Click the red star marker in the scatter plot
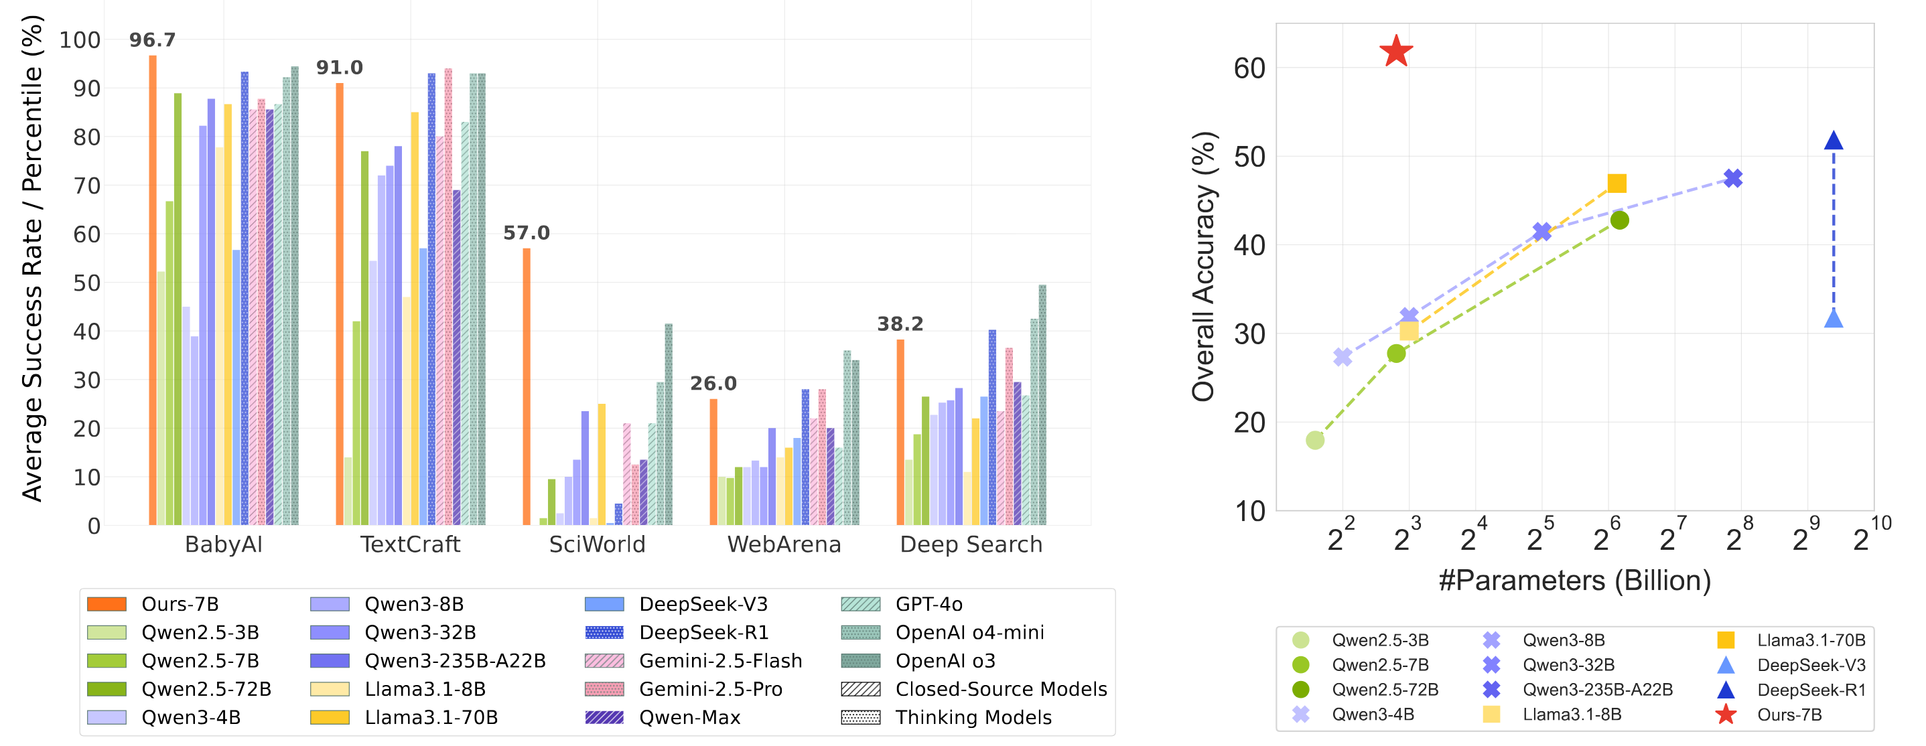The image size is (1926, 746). (x=1396, y=52)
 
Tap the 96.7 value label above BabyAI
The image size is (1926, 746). (x=153, y=40)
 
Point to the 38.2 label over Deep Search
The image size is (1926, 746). (x=900, y=323)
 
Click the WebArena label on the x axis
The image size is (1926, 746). (x=784, y=544)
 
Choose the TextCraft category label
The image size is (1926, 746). (x=410, y=544)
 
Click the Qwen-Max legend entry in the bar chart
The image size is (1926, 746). (x=689, y=718)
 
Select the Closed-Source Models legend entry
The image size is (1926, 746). (x=1000, y=689)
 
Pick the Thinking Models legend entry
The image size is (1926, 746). (x=973, y=718)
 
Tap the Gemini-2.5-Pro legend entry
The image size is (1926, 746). (x=710, y=689)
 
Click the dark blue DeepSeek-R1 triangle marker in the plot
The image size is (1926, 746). (x=1834, y=141)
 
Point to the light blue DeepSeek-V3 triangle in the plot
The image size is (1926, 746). (x=1834, y=319)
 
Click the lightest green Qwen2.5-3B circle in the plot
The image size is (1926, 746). (x=1315, y=440)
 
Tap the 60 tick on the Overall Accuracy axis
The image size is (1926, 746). (x=1249, y=69)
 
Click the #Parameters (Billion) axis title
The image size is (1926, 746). (x=1574, y=581)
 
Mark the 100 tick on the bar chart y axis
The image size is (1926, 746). (x=80, y=40)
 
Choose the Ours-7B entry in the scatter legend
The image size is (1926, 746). (x=1789, y=715)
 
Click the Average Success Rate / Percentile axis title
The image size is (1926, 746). (x=32, y=258)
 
